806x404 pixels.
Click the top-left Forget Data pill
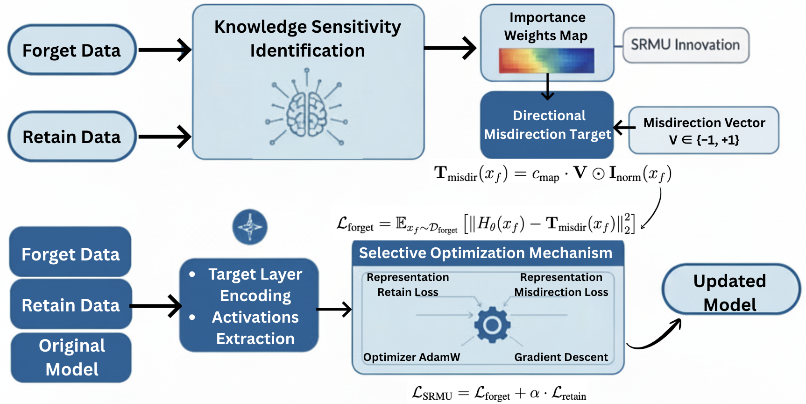(x=72, y=50)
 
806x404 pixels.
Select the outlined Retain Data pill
(x=72, y=137)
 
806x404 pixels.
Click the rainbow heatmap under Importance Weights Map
(x=546, y=61)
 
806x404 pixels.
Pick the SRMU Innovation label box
(x=686, y=45)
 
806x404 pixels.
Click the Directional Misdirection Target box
(x=547, y=125)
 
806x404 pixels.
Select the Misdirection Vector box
(x=704, y=130)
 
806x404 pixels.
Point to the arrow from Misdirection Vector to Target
(x=624, y=127)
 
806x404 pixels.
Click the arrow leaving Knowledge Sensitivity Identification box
(x=450, y=48)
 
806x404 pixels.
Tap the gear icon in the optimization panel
(x=492, y=325)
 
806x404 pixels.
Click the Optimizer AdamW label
(x=411, y=357)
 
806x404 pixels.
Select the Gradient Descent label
(x=561, y=357)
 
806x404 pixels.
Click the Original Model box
(x=71, y=357)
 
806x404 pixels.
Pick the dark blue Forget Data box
(x=71, y=253)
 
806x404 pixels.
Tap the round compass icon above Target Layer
(x=250, y=227)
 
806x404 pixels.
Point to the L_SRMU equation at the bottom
(x=499, y=393)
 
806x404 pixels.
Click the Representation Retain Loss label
(x=408, y=284)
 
